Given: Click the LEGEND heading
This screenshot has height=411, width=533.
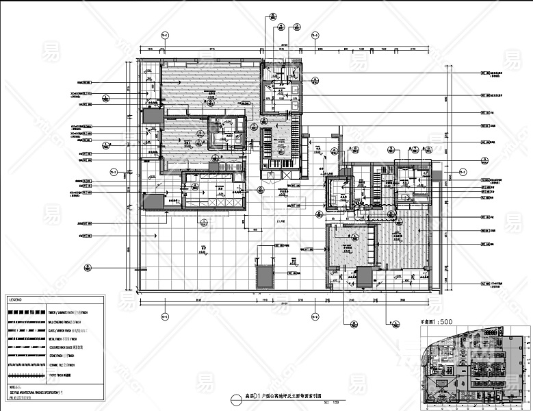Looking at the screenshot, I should click(16, 300).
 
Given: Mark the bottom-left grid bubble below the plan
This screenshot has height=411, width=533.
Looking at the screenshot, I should click(164, 316).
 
